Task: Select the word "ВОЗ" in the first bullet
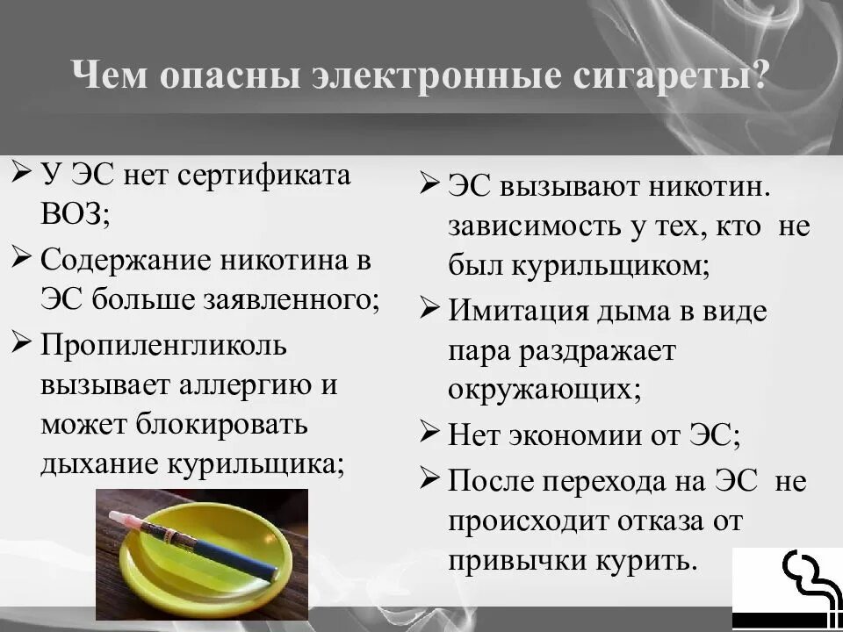pyautogui.click(x=75, y=213)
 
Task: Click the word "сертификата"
pyautogui.click(x=264, y=174)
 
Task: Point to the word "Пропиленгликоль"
pyautogui.click(x=163, y=343)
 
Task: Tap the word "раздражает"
pyautogui.click(x=596, y=350)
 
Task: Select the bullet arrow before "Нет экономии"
pyautogui.click(x=429, y=431)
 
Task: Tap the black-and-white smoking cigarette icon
pyautogui.click(x=787, y=587)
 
